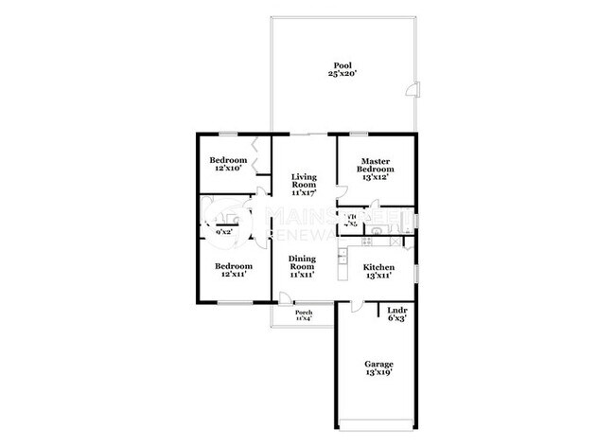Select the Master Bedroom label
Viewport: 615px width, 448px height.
coord(377,163)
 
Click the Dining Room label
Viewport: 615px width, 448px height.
coord(302,262)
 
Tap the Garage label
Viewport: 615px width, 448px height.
coord(379,364)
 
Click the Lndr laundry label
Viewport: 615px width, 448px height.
coord(395,311)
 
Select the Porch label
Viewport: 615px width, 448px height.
coord(304,312)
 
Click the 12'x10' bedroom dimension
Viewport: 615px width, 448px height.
coord(228,169)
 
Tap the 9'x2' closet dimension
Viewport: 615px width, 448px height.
coord(224,231)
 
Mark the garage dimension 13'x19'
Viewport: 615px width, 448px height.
coord(379,373)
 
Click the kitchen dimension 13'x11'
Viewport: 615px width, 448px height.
coord(378,276)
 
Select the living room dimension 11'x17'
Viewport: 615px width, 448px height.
coord(304,191)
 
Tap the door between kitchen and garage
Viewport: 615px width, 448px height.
coord(353,305)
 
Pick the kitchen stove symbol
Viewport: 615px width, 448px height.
coord(343,256)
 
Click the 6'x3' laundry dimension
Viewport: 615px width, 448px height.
coord(395,320)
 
